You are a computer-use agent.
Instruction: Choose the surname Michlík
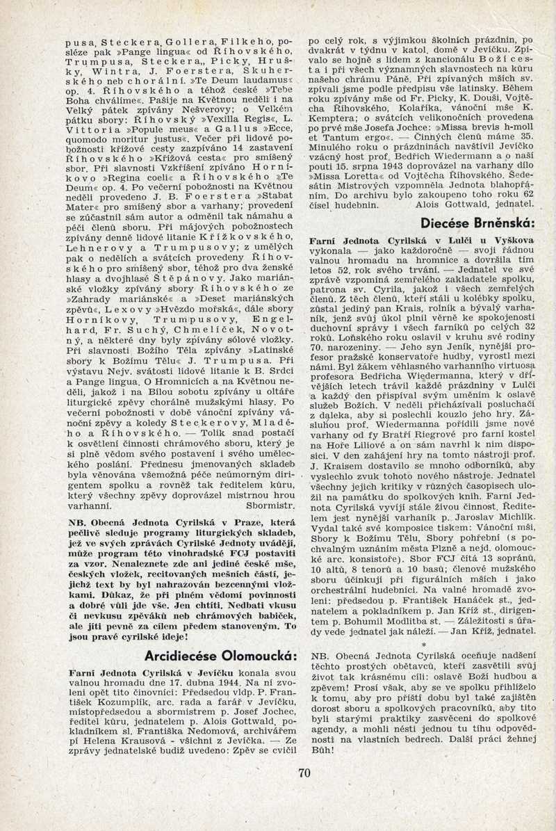pos(510,527)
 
